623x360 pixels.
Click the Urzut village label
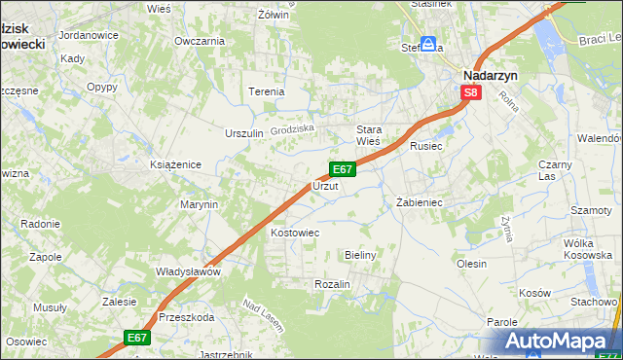point(325,185)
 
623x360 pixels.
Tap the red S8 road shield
point(471,93)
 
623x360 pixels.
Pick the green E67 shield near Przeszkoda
point(136,338)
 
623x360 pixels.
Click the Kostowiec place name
point(295,234)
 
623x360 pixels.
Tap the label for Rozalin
point(332,283)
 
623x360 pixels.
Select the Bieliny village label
point(360,254)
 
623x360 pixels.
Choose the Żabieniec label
point(420,202)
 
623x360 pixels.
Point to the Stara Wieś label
point(368,135)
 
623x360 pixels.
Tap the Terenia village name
point(267,91)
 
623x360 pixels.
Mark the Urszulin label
point(244,133)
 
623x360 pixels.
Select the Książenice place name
point(175,164)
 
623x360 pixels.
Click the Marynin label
point(198,204)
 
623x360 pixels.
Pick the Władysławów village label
point(189,271)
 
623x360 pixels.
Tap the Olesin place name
point(471,263)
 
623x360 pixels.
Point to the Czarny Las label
point(555,170)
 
